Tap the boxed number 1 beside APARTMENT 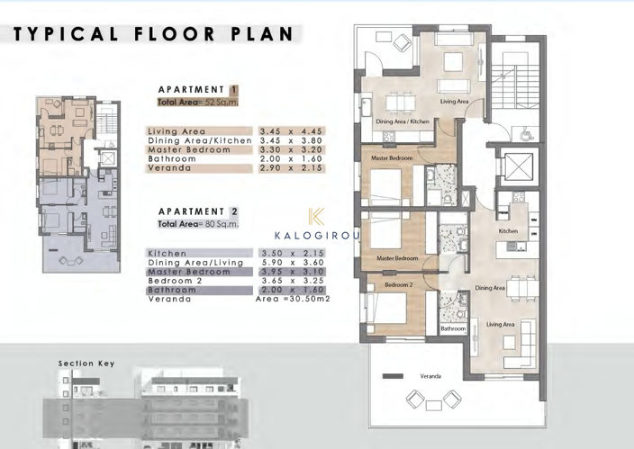(x=233, y=90)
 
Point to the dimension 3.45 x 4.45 (x=291, y=131)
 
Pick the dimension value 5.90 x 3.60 (x=291, y=263)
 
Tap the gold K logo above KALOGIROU (x=315, y=217)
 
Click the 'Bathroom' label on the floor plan (x=453, y=328)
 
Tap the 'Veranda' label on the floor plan (x=430, y=374)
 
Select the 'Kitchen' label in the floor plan (x=510, y=230)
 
